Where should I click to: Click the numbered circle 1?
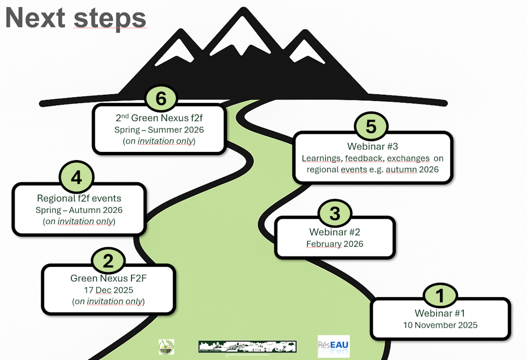(x=440, y=296)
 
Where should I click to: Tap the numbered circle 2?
(x=108, y=261)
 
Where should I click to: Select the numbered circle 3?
(x=335, y=213)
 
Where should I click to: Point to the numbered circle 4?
(x=76, y=178)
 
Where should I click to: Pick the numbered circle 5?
(x=371, y=127)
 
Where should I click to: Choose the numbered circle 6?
(x=161, y=98)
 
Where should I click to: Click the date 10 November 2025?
(x=440, y=325)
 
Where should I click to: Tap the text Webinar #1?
(x=440, y=313)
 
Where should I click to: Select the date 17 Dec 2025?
(x=108, y=290)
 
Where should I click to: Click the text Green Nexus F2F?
(x=108, y=279)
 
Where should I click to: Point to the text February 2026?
(x=335, y=244)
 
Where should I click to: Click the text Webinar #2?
(x=335, y=232)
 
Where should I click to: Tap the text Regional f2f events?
(x=79, y=198)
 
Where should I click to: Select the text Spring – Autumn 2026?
(x=79, y=210)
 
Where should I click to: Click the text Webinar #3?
(x=373, y=147)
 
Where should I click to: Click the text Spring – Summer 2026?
(x=159, y=130)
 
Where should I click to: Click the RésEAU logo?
(x=333, y=346)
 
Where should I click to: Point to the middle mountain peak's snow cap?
(x=239, y=37)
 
